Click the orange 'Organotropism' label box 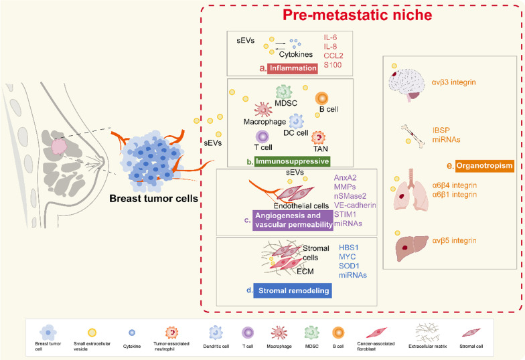[x=480, y=165]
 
